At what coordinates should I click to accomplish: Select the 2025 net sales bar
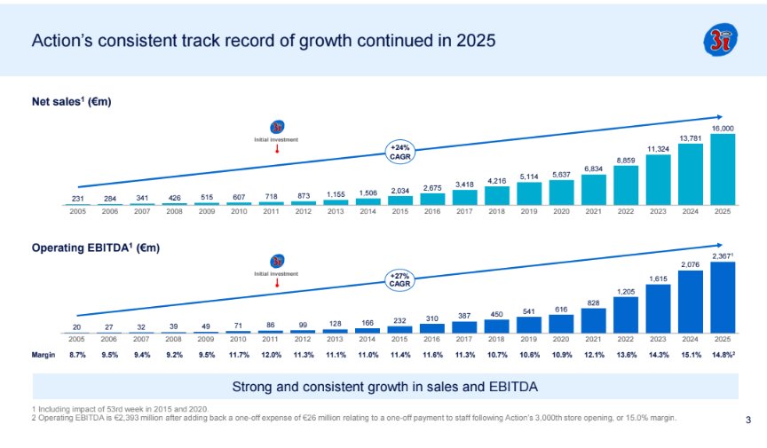pos(723,169)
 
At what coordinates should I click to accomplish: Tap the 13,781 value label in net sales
pos(691,138)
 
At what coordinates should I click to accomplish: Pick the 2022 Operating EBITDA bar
pos(626,314)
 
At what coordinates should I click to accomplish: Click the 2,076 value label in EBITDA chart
pos(691,264)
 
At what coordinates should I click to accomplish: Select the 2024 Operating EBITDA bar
pos(691,302)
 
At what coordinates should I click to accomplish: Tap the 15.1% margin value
pos(691,355)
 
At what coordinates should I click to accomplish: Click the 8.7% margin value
pos(77,355)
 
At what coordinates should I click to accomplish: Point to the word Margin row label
pos(43,355)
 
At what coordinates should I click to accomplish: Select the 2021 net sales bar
pos(593,189)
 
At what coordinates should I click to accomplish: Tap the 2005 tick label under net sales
pos(77,212)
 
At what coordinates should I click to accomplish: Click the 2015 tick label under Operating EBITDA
pos(399,339)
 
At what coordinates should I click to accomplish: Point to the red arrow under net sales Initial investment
pos(278,148)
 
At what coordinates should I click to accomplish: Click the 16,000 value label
pos(723,129)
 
